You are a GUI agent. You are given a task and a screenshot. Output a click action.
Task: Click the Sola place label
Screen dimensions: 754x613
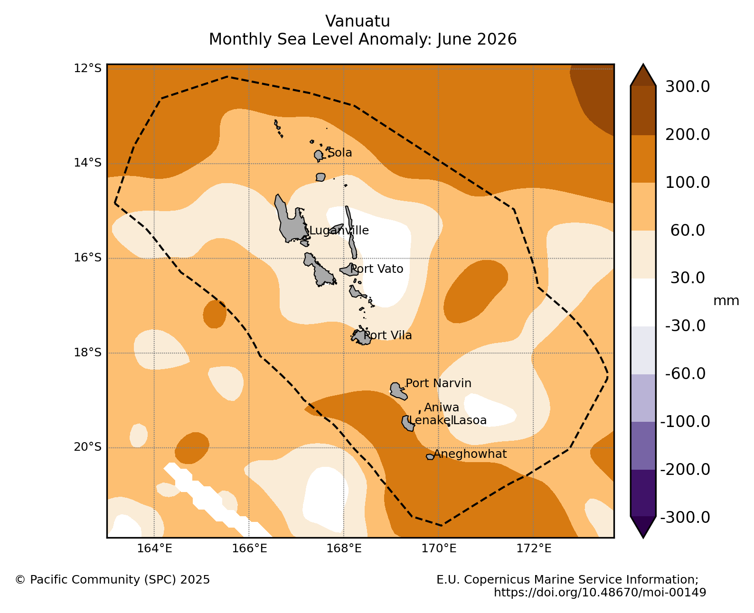(339, 153)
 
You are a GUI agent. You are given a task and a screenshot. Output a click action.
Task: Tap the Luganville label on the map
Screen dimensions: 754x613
(339, 231)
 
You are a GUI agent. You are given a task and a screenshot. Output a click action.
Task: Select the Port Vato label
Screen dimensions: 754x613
(377, 269)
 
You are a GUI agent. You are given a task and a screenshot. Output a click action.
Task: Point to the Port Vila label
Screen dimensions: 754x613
(387, 335)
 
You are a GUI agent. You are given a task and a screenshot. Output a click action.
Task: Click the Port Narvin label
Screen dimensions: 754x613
(438, 383)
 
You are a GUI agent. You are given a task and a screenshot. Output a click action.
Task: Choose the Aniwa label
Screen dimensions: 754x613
(442, 408)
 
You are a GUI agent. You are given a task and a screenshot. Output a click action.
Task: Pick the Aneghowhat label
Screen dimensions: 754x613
(470, 454)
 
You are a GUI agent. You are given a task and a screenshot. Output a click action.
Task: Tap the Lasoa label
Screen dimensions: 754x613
(470, 420)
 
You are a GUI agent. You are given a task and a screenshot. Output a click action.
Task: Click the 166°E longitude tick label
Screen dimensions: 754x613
(249, 548)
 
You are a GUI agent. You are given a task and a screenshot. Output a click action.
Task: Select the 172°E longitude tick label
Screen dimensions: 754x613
(534, 548)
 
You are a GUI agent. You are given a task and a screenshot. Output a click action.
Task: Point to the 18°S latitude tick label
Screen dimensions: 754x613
(87, 353)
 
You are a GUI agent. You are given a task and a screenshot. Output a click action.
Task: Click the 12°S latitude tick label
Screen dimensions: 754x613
(87, 68)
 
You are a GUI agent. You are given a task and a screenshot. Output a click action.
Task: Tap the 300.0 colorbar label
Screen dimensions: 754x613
(688, 87)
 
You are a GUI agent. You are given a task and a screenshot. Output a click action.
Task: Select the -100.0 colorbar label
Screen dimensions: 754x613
(685, 422)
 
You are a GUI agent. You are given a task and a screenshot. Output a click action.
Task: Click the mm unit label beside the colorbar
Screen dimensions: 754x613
(726, 301)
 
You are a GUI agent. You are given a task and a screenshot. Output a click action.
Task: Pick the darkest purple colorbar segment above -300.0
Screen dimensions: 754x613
(643, 493)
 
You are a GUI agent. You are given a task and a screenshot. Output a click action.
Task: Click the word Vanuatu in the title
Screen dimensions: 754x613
(358, 21)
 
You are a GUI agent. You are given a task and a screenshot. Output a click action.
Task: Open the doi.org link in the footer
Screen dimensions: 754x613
(600, 592)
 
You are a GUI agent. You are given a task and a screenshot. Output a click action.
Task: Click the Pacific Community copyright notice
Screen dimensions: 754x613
(113, 580)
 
